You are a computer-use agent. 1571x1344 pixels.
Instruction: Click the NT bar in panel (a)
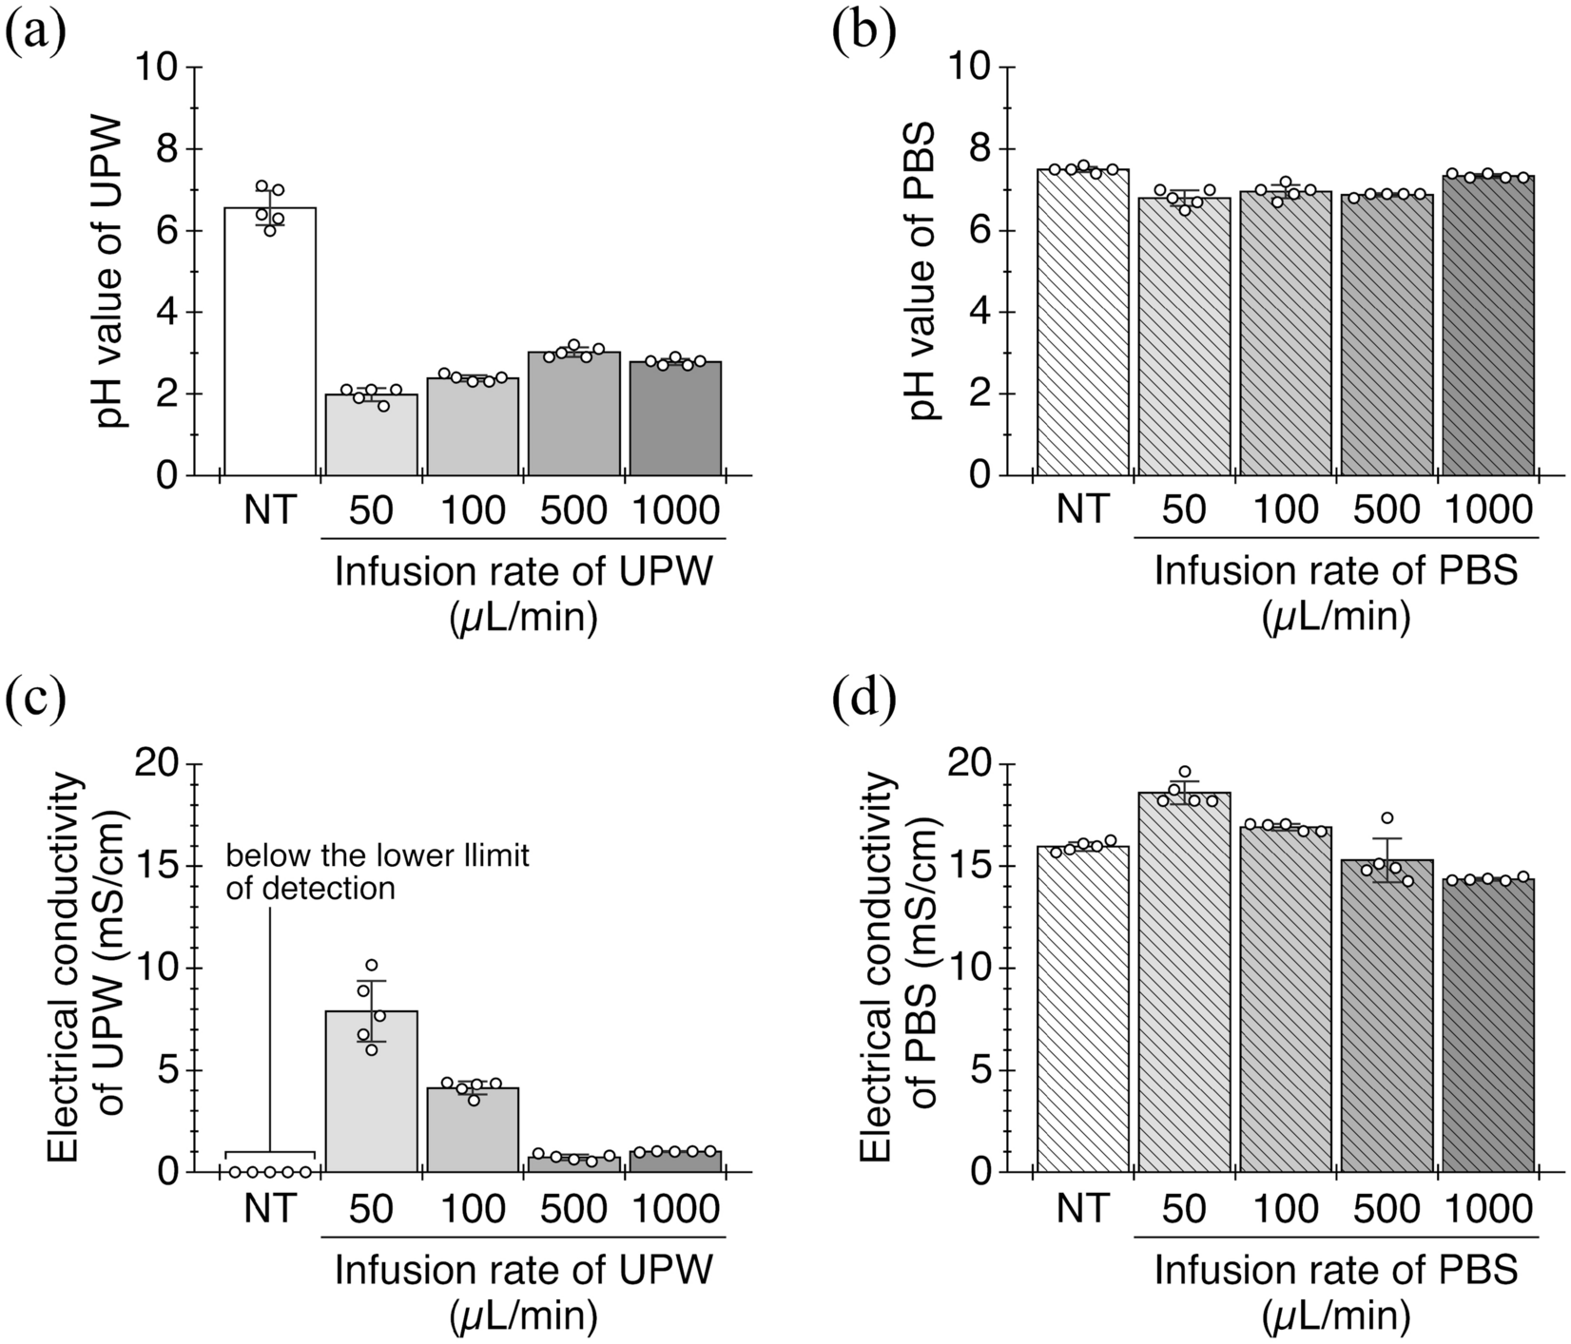click(269, 342)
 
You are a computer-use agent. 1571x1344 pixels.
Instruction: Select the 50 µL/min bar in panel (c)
click(371, 1093)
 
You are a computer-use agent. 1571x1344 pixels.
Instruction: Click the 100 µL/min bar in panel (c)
click(473, 1131)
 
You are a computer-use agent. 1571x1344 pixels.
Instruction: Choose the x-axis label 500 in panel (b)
click(1386, 511)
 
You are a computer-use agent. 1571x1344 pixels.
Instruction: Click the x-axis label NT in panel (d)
click(1082, 1209)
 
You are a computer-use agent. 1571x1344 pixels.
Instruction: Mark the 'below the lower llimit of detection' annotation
click(377, 873)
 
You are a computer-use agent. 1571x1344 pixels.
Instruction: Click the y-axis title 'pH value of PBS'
click(922, 271)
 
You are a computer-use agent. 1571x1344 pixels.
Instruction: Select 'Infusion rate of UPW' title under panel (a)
click(523, 574)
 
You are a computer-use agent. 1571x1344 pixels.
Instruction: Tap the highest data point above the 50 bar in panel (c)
click(372, 966)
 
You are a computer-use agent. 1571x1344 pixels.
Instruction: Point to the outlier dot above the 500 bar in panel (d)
click(1387, 818)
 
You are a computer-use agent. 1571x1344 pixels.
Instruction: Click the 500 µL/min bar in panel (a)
click(574, 418)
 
